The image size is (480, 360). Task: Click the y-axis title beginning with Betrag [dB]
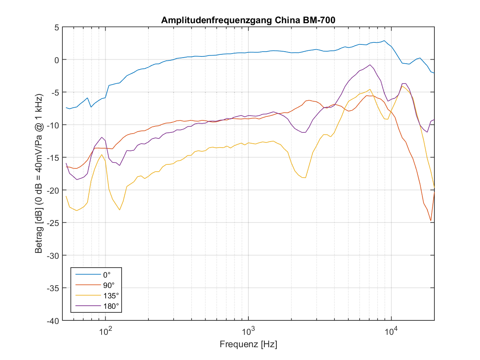[x=39, y=174]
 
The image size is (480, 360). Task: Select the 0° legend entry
[x=106, y=275]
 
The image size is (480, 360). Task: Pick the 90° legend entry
[x=108, y=286]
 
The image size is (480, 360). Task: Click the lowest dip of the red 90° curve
[x=431, y=220]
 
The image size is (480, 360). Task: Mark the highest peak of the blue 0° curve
[x=384, y=41]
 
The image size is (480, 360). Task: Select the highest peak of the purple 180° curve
[x=370, y=65]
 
